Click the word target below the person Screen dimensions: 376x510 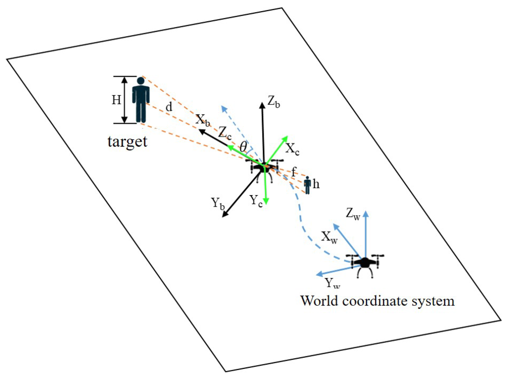pos(127,142)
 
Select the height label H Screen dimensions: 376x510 pos(117,100)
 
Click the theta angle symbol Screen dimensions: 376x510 pos(243,147)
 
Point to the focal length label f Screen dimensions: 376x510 pos(293,172)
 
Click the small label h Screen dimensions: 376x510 pos(316,184)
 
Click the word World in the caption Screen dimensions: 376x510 pos(319,301)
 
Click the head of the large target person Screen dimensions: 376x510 pos(141,81)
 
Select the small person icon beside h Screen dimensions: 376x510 pos(307,185)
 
